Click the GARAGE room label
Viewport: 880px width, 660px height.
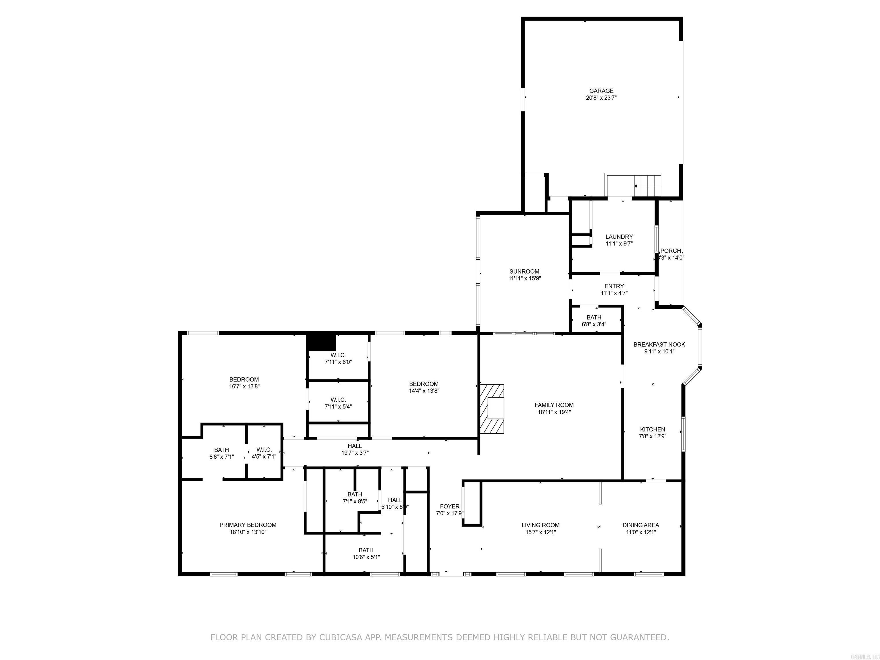[x=601, y=91]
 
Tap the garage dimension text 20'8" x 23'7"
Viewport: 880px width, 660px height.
[x=601, y=97]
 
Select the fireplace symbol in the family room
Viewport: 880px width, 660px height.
[x=492, y=408]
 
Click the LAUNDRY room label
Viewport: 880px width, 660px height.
[x=619, y=237]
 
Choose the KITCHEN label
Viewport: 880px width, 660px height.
[x=653, y=429]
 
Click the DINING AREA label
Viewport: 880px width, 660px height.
[x=641, y=525]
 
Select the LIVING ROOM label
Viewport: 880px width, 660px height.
[x=541, y=525]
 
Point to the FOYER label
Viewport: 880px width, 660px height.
[x=449, y=506]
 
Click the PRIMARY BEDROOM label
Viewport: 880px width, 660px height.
[x=248, y=525]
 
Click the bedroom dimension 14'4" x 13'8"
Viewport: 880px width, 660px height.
[x=424, y=391]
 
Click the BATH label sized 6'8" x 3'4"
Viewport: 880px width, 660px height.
[x=594, y=317]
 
